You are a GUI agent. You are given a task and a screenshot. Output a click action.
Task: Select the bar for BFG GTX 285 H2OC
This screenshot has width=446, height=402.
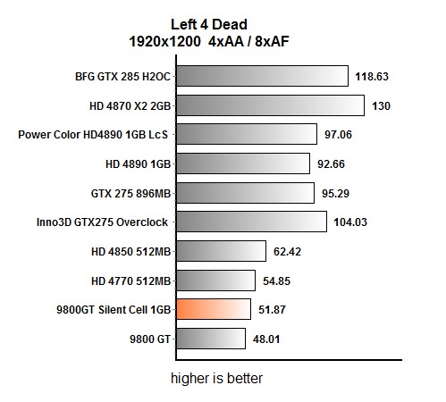point(262,76)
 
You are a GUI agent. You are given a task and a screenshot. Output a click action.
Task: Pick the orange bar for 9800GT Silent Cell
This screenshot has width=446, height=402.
point(213,309)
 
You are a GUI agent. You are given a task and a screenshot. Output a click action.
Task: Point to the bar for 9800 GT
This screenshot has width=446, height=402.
point(210,339)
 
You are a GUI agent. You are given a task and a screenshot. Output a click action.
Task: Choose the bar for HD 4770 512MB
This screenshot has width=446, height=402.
point(215,280)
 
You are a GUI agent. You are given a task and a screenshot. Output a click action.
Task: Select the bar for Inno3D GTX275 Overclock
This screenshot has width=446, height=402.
point(251,222)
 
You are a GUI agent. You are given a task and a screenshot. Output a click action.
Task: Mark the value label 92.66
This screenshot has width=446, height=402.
point(334,164)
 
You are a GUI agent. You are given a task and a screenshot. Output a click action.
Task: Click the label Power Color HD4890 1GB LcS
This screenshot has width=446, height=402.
point(94,135)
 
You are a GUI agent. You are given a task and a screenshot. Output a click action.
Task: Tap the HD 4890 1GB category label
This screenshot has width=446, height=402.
point(138,164)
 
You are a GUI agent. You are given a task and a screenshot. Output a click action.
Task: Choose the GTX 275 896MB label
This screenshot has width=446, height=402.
point(130,193)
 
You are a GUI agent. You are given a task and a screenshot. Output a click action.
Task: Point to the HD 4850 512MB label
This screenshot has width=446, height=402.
point(131,251)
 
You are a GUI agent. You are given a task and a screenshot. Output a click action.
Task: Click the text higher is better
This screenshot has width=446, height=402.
point(217,378)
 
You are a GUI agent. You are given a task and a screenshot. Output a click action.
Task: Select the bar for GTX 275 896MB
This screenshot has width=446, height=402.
point(245,193)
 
